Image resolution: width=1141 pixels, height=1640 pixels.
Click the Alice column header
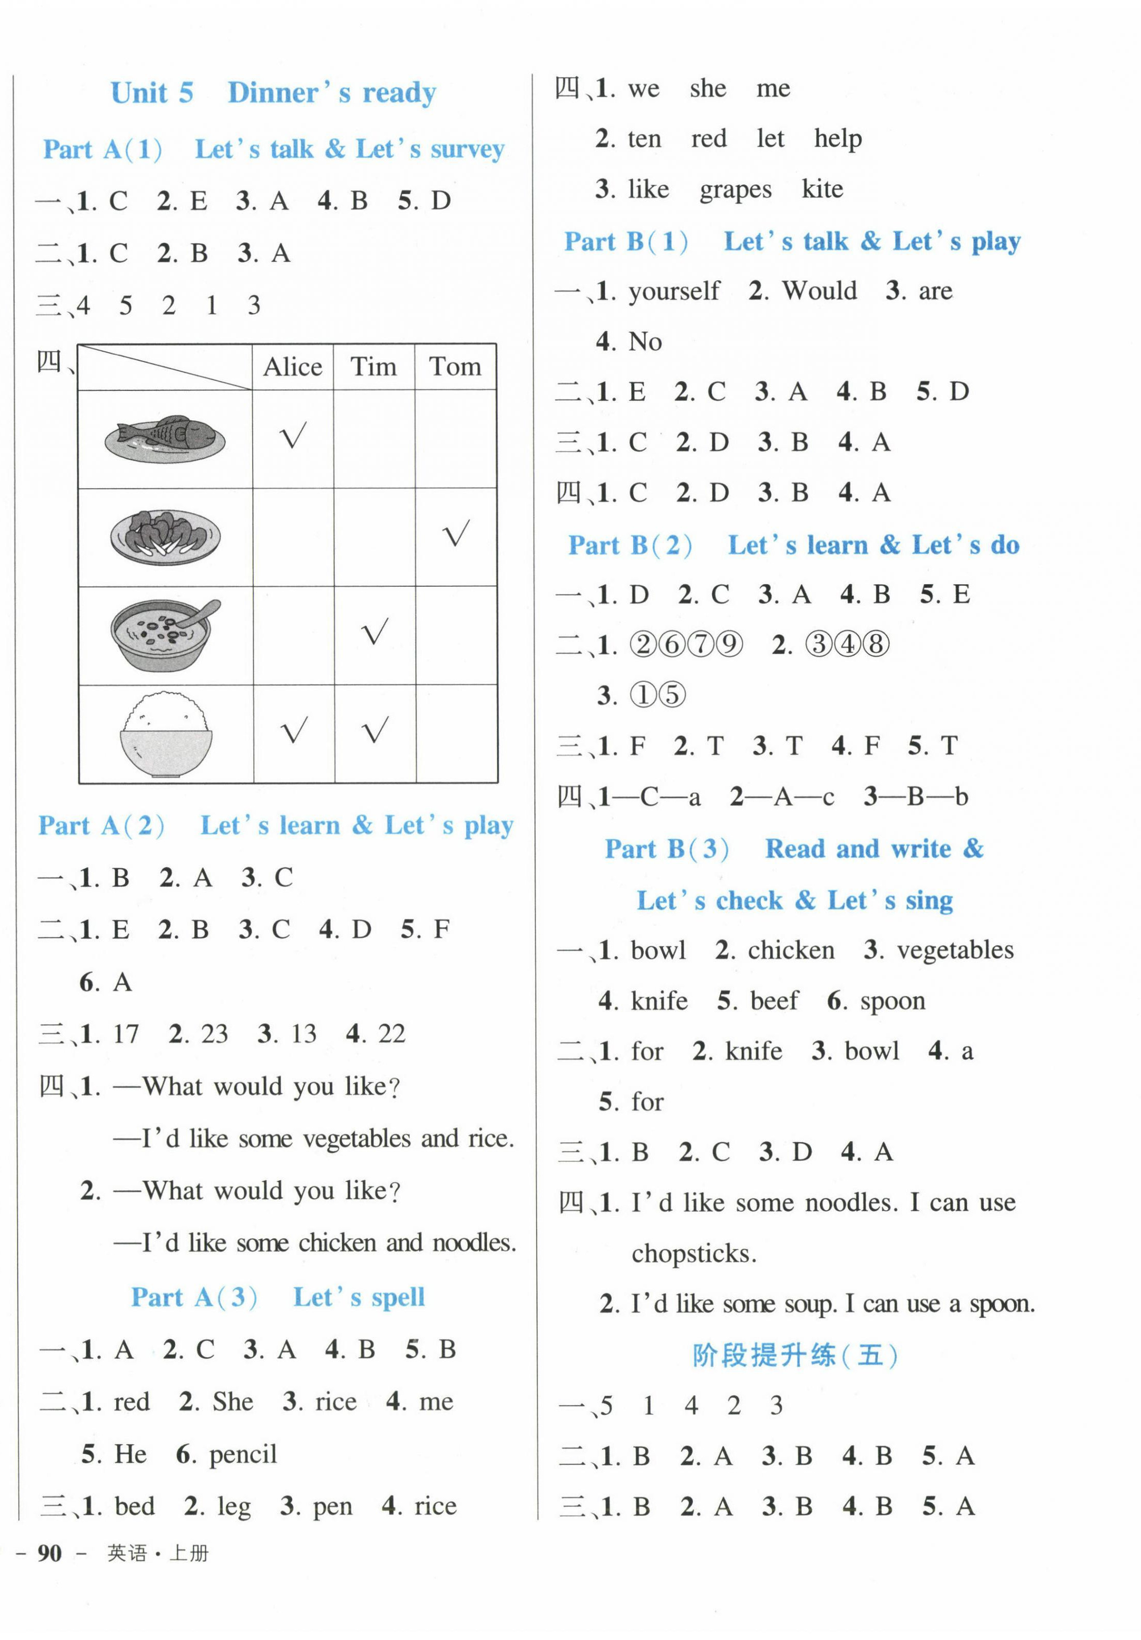pyautogui.click(x=292, y=367)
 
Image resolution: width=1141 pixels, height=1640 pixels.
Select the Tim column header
pyautogui.click(x=373, y=367)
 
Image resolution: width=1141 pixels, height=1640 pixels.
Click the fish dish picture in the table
pyautogui.click(x=164, y=437)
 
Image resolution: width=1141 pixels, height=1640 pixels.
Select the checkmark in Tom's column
pyautogui.click(x=456, y=534)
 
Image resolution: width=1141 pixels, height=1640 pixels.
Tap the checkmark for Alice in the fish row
pyautogui.click(x=293, y=435)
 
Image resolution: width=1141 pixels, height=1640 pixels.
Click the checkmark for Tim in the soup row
pyautogui.click(x=375, y=632)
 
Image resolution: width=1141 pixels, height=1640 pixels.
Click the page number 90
pyautogui.click(x=49, y=1553)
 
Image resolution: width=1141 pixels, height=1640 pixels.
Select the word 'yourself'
pyautogui.click(x=674, y=291)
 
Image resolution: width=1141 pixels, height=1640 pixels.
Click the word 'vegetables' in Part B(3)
pyautogui.click(x=955, y=950)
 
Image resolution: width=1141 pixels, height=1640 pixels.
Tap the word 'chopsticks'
pyautogui.click(x=693, y=1254)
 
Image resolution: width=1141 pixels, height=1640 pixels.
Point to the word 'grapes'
pyautogui.click(x=735, y=190)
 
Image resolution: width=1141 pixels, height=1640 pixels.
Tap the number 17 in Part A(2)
pyautogui.click(x=126, y=1034)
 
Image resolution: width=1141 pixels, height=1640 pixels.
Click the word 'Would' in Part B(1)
pyautogui.click(x=819, y=291)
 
